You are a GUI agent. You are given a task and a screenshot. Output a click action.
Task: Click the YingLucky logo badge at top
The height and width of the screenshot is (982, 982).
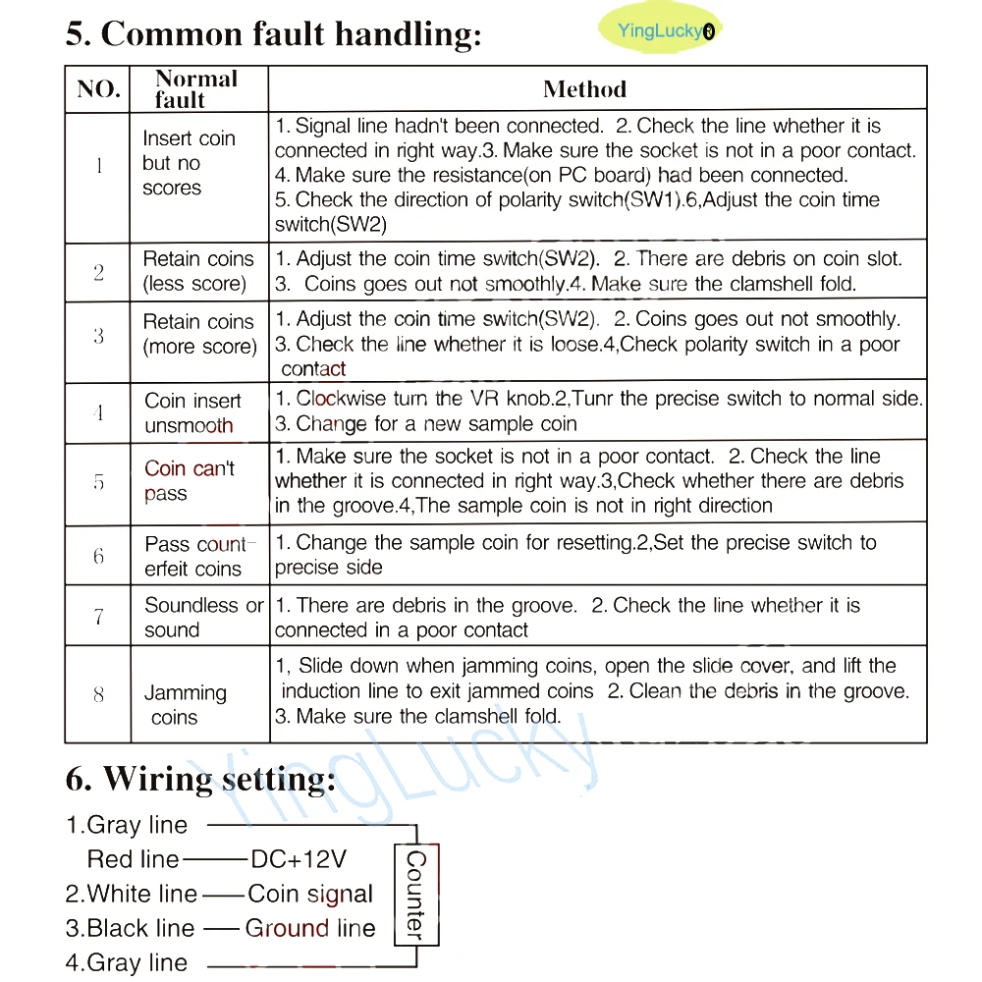[x=659, y=30]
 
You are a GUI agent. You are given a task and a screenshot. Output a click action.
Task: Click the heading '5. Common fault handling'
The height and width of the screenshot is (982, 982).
[x=273, y=33]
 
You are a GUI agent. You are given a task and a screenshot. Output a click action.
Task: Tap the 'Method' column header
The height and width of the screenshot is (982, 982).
[x=584, y=89]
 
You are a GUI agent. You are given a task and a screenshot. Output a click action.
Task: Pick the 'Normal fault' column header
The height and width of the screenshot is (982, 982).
[x=195, y=88]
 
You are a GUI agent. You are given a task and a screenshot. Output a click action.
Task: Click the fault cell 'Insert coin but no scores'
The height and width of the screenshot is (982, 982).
[x=188, y=163]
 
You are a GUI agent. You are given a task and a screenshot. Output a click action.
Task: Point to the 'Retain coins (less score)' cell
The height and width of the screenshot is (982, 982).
[x=197, y=271]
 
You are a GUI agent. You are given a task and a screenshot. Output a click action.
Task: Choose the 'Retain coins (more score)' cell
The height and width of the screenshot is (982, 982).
[x=199, y=334]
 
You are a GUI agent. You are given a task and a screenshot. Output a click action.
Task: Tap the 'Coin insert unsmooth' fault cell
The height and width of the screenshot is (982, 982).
[x=192, y=413]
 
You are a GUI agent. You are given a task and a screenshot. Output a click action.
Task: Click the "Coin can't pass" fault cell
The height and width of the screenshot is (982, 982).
[x=189, y=480]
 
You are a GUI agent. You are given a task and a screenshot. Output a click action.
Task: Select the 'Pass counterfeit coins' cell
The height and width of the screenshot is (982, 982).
[x=197, y=556]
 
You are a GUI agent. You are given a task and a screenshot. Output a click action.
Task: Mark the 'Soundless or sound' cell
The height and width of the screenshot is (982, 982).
[x=203, y=618]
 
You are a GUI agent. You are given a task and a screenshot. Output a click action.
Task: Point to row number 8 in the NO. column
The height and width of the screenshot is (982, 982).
[x=98, y=694]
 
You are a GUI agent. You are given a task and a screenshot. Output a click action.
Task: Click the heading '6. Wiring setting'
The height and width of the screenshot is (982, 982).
[x=200, y=779]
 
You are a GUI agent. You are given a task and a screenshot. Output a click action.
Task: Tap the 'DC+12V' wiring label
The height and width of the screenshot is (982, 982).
[x=299, y=859]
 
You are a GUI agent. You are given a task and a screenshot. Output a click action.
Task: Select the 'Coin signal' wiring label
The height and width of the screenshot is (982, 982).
[x=310, y=894]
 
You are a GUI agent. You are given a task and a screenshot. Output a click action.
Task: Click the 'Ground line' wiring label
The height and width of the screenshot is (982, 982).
[x=310, y=928]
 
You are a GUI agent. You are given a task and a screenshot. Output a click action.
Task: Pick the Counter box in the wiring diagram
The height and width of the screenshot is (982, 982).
[x=415, y=894]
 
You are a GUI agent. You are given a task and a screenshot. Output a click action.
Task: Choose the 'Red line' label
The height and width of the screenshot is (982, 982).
[x=134, y=859]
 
